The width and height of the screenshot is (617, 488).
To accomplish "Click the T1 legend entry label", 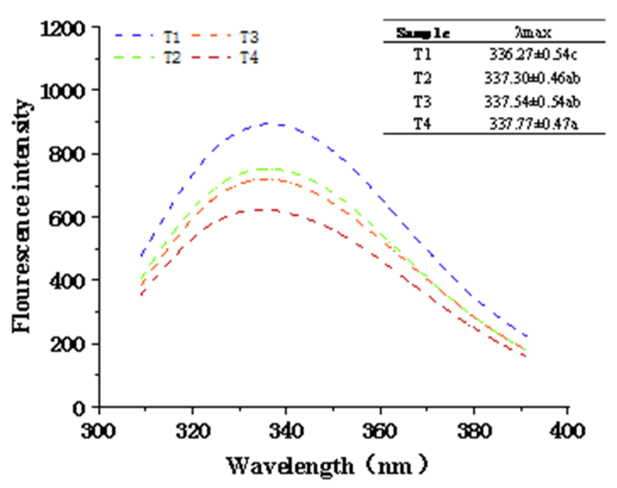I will coord(172,37).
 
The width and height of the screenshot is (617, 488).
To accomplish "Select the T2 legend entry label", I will coord(172,57).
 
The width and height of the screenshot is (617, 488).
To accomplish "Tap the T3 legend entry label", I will coord(249,37).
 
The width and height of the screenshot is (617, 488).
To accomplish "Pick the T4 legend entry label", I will coord(249,57).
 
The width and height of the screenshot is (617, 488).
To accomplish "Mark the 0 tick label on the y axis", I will coord(79,408).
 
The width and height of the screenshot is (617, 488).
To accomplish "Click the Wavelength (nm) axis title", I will coord(327,466).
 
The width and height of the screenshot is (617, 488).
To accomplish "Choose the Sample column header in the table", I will coord(423,34).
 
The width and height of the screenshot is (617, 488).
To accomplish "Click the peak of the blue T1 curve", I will coord(268,124).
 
